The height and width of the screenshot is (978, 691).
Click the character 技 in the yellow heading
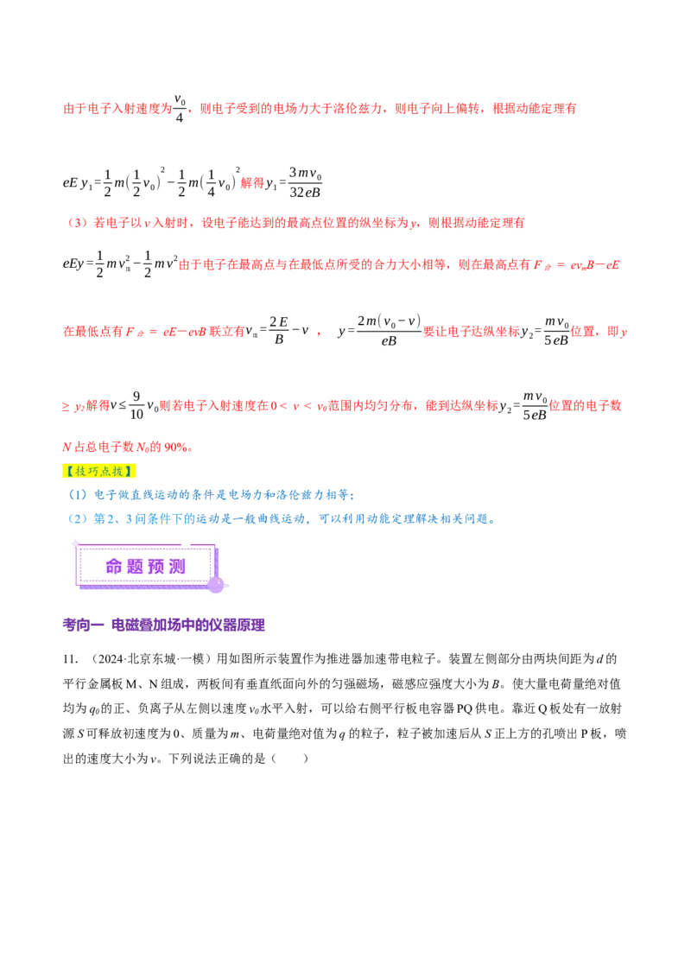tap(79, 472)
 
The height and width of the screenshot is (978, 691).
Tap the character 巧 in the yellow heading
tap(93, 472)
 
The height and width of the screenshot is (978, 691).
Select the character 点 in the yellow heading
tap(107, 472)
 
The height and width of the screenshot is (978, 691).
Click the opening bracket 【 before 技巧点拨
tap(67, 472)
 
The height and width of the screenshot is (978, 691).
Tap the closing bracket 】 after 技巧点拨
tap(132, 472)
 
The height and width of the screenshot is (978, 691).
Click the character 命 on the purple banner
tap(114, 567)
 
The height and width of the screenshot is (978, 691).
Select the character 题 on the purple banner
tap(135, 567)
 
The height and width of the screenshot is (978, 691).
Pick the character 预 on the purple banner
tap(156, 567)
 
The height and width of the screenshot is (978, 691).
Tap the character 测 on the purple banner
tap(177, 567)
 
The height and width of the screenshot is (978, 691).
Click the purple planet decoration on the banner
tap(215, 585)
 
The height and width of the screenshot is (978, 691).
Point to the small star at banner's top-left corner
tap(76, 543)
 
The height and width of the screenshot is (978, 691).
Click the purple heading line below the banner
tap(165, 625)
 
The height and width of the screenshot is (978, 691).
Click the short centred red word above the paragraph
tap(251, 183)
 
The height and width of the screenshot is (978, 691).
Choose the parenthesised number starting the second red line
tap(76, 223)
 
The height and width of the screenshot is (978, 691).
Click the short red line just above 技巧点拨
tap(127, 448)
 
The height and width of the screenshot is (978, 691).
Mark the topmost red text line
tap(320, 109)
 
